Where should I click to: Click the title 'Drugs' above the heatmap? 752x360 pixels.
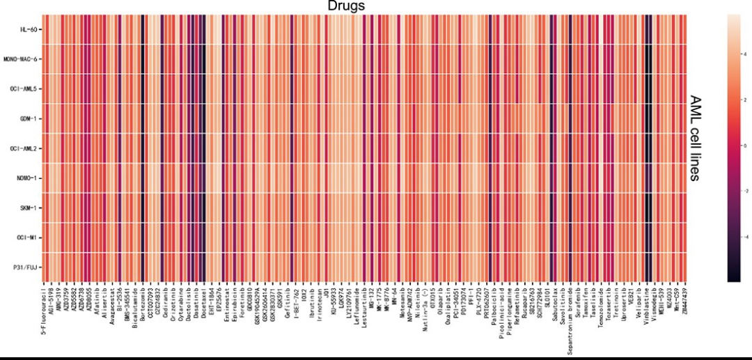pos(346,6)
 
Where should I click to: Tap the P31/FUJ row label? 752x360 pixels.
pos(26,267)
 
